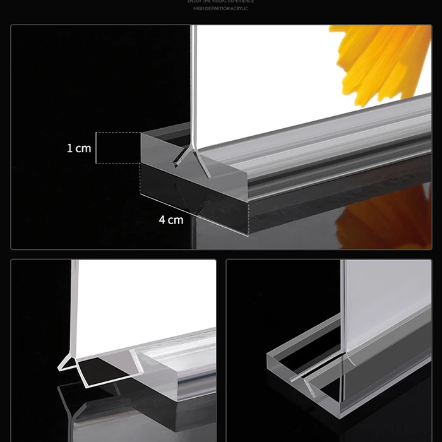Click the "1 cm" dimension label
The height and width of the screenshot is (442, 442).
coord(79,148)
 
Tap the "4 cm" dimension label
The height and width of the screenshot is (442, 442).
coord(170,220)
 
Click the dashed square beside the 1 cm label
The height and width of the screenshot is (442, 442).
coord(118,148)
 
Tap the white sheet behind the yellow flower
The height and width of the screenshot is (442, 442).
coord(265,82)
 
